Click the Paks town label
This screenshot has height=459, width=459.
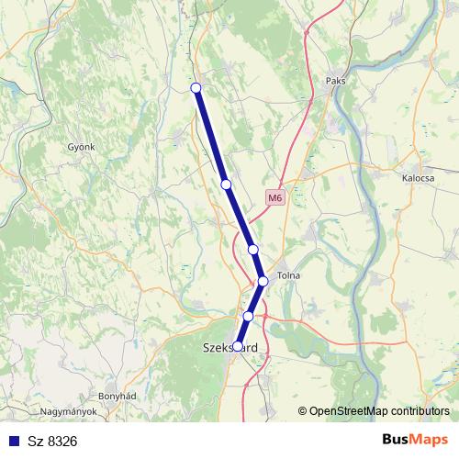(x=335, y=81)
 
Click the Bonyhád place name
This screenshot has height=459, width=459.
(x=117, y=395)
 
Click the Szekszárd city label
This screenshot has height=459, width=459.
(x=229, y=348)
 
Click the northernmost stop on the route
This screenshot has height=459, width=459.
(x=195, y=87)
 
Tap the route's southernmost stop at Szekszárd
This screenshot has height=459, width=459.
(x=238, y=346)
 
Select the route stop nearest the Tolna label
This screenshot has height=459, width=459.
(x=263, y=281)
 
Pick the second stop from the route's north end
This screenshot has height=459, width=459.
(x=226, y=185)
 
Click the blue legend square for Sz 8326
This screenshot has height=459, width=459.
(x=12, y=442)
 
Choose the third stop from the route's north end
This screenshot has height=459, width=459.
(x=252, y=249)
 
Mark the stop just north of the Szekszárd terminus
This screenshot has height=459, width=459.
(x=248, y=316)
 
